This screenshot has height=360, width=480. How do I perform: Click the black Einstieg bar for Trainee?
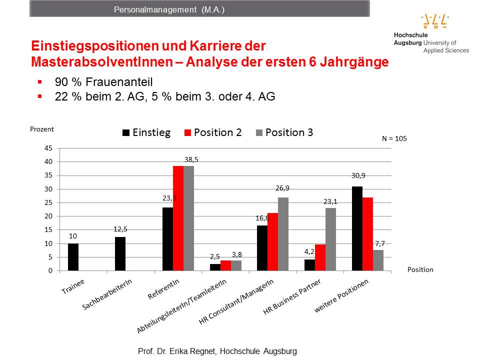click(x=73, y=257)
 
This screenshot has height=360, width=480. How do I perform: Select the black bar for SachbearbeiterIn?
click(x=120, y=253)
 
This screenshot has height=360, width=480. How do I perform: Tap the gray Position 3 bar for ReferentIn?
click(x=188, y=218)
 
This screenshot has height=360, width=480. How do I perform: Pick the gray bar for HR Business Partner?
click(x=330, y=239)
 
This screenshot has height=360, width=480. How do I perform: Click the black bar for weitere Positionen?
click(x=357, y=228)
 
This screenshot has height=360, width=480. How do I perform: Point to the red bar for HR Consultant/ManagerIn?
click(x=272, y=241)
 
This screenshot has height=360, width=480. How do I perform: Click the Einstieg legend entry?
click(x=146, y=132)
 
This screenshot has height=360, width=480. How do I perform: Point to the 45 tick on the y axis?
click(x=48, y=148)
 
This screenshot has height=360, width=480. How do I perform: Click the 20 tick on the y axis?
click(x=48, y=216)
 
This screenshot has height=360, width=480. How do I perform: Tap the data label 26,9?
click(x=283, y=188)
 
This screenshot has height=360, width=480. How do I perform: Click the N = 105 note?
click(x=394, y=139)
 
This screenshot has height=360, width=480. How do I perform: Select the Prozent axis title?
click(x=42, y=129)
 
